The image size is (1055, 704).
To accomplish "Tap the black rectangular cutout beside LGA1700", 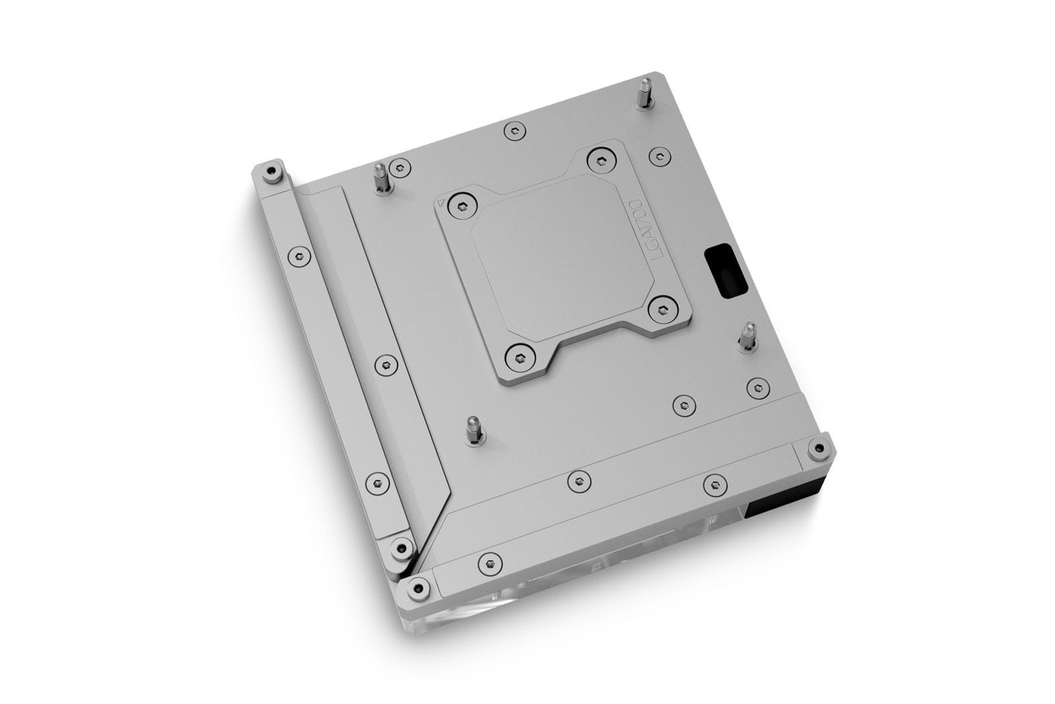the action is (726, 272).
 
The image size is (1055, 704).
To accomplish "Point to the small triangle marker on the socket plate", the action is (441, 203).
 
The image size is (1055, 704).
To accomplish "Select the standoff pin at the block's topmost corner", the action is (644, 94).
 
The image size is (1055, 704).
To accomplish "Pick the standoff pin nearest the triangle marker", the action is (381, 178).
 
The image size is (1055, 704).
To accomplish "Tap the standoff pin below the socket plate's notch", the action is (474, 430).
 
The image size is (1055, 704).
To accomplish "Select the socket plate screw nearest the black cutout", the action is (662, 309).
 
